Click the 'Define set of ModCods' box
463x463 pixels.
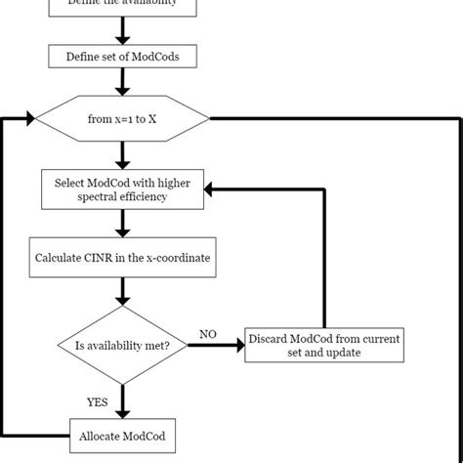coord(122,57)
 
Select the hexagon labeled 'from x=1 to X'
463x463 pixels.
coord(122,118)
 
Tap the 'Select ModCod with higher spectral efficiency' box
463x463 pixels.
coord(122,188)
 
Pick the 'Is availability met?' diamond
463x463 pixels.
coord(122,343)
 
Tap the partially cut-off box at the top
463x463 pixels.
coord(122,6)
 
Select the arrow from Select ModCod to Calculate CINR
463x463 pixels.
coord(122,222)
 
